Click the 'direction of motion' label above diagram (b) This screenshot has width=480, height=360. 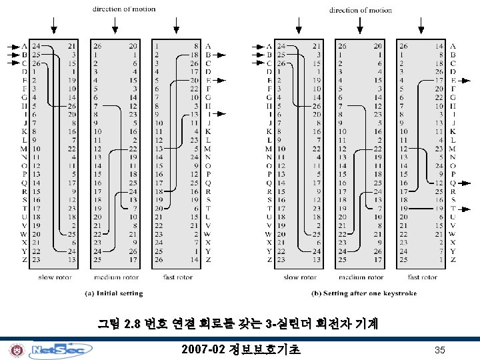pyautogui.click(x=361, y=10)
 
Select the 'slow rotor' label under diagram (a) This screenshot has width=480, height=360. pyautogui.click(x=55, y=277)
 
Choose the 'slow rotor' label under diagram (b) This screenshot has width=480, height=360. pyautogui.click(x=300, y=277)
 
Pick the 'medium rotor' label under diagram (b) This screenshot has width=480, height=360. pyautogui.click(x=361, y=277)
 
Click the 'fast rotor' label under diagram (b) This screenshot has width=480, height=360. pyautogui.click(x=422, y=277)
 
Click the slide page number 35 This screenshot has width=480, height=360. pyautogui.click(x=439, y=350)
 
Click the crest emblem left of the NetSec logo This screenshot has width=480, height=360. pyautogui.click(x=16, y=350)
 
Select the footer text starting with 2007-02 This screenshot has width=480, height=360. pyautogui.click(x=241, y=349)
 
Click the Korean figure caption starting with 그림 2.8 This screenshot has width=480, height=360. pyautogui.click(x=238, y=325)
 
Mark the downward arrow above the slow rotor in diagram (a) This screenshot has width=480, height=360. pyautogui.click(x=54, y=25)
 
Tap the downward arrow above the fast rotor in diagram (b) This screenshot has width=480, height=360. pyautogui.click(x=421, y=25)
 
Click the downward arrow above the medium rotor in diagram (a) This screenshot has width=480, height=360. pyautogui.click(x=116, y=25)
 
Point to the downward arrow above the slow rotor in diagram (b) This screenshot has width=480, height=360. pyautogui.click(x=299, y=25)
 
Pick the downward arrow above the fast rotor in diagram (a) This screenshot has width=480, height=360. pyautogui.click(x=177, y=25)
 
